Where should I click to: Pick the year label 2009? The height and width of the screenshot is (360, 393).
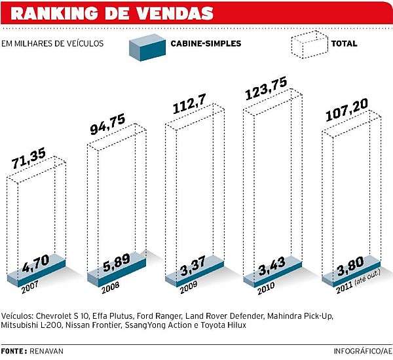(x=189, y=287)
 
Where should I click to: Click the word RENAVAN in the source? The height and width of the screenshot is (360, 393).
(x=49, y=351)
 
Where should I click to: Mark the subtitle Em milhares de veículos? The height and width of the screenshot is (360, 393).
(x=56, y=45)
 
